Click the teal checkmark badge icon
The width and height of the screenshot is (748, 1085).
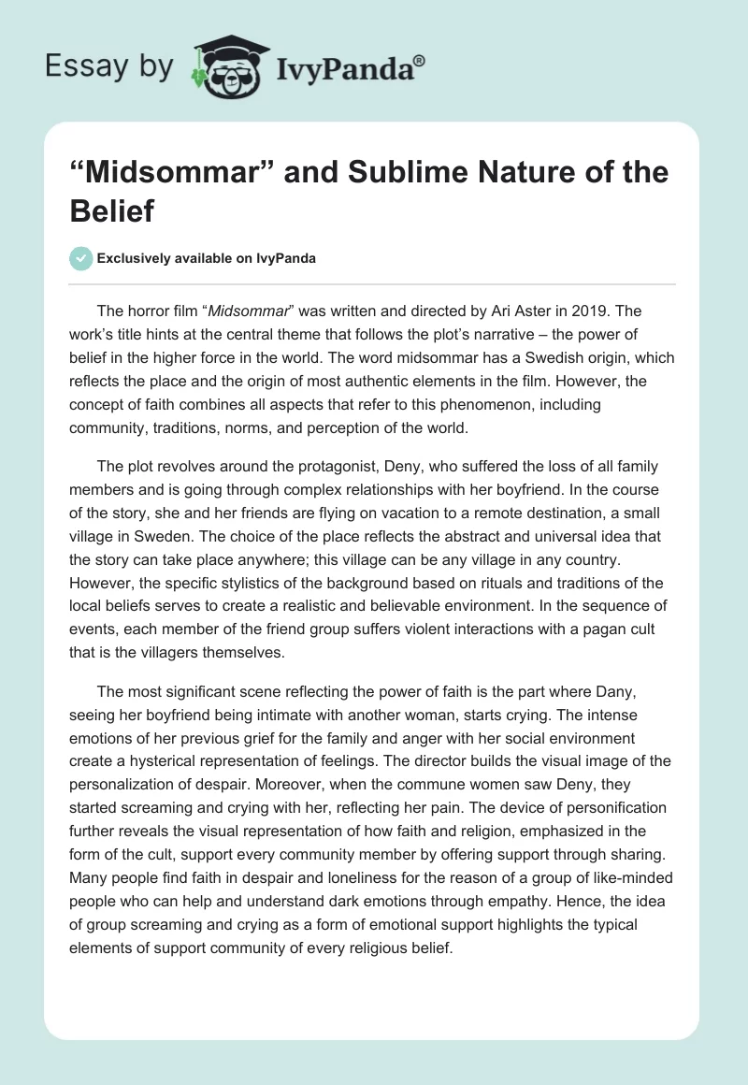(81, 259)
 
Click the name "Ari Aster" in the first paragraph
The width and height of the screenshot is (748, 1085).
(524, 311)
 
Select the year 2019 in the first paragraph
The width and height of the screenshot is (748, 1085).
(588, 311)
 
